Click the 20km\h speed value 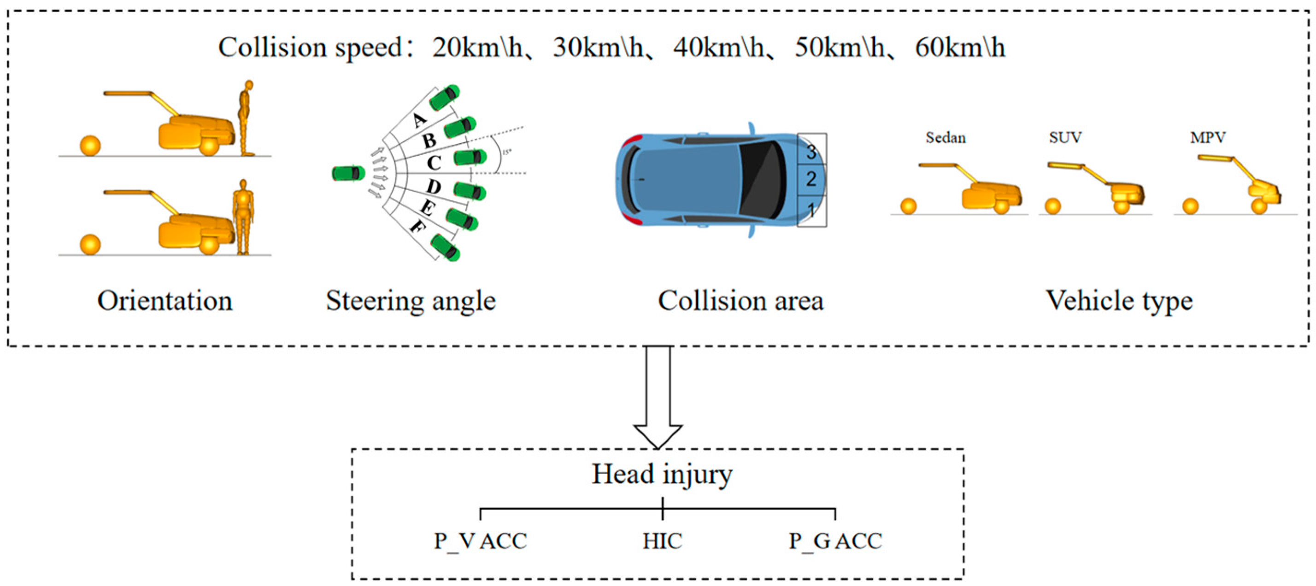478,48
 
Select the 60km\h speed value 960,48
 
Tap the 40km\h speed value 719,48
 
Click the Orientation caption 164,300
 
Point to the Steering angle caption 411,300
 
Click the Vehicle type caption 1119,300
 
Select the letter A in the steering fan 419,120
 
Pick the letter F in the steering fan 417,226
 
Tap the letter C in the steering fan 434,163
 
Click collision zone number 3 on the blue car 811,151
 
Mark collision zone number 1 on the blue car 811,210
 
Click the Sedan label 946,137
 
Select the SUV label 1065,137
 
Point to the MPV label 1208,137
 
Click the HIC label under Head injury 662,541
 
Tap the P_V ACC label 480,541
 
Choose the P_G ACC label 835,541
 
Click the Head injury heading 662,474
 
